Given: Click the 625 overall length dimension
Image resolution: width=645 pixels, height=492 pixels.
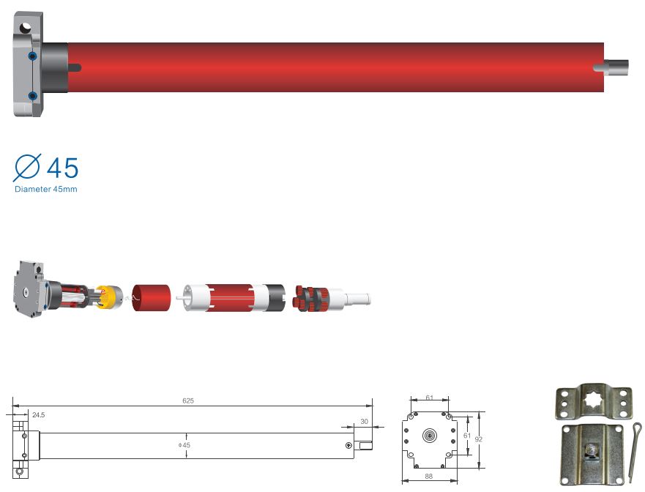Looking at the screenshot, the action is tap(188, 400).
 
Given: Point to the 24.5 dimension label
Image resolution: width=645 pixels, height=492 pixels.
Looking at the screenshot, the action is tap(38, 415).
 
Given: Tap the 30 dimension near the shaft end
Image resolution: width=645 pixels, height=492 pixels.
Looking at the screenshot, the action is tap(364, 422).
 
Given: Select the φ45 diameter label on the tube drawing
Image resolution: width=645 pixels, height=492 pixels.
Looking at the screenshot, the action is tap(184, 445).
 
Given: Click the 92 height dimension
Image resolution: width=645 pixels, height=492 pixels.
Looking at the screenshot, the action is tap(478, 439).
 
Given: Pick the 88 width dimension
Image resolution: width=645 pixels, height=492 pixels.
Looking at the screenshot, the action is tap(428, 477).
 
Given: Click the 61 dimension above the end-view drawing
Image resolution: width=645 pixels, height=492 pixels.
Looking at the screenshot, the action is tap(430, 398).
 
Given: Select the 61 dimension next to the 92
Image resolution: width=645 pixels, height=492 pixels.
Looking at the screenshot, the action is tap(467, 436).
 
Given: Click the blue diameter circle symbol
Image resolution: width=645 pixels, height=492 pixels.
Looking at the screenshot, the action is tap(27, 168).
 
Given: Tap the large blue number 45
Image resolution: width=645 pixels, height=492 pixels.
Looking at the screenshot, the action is tap(62, 168).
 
